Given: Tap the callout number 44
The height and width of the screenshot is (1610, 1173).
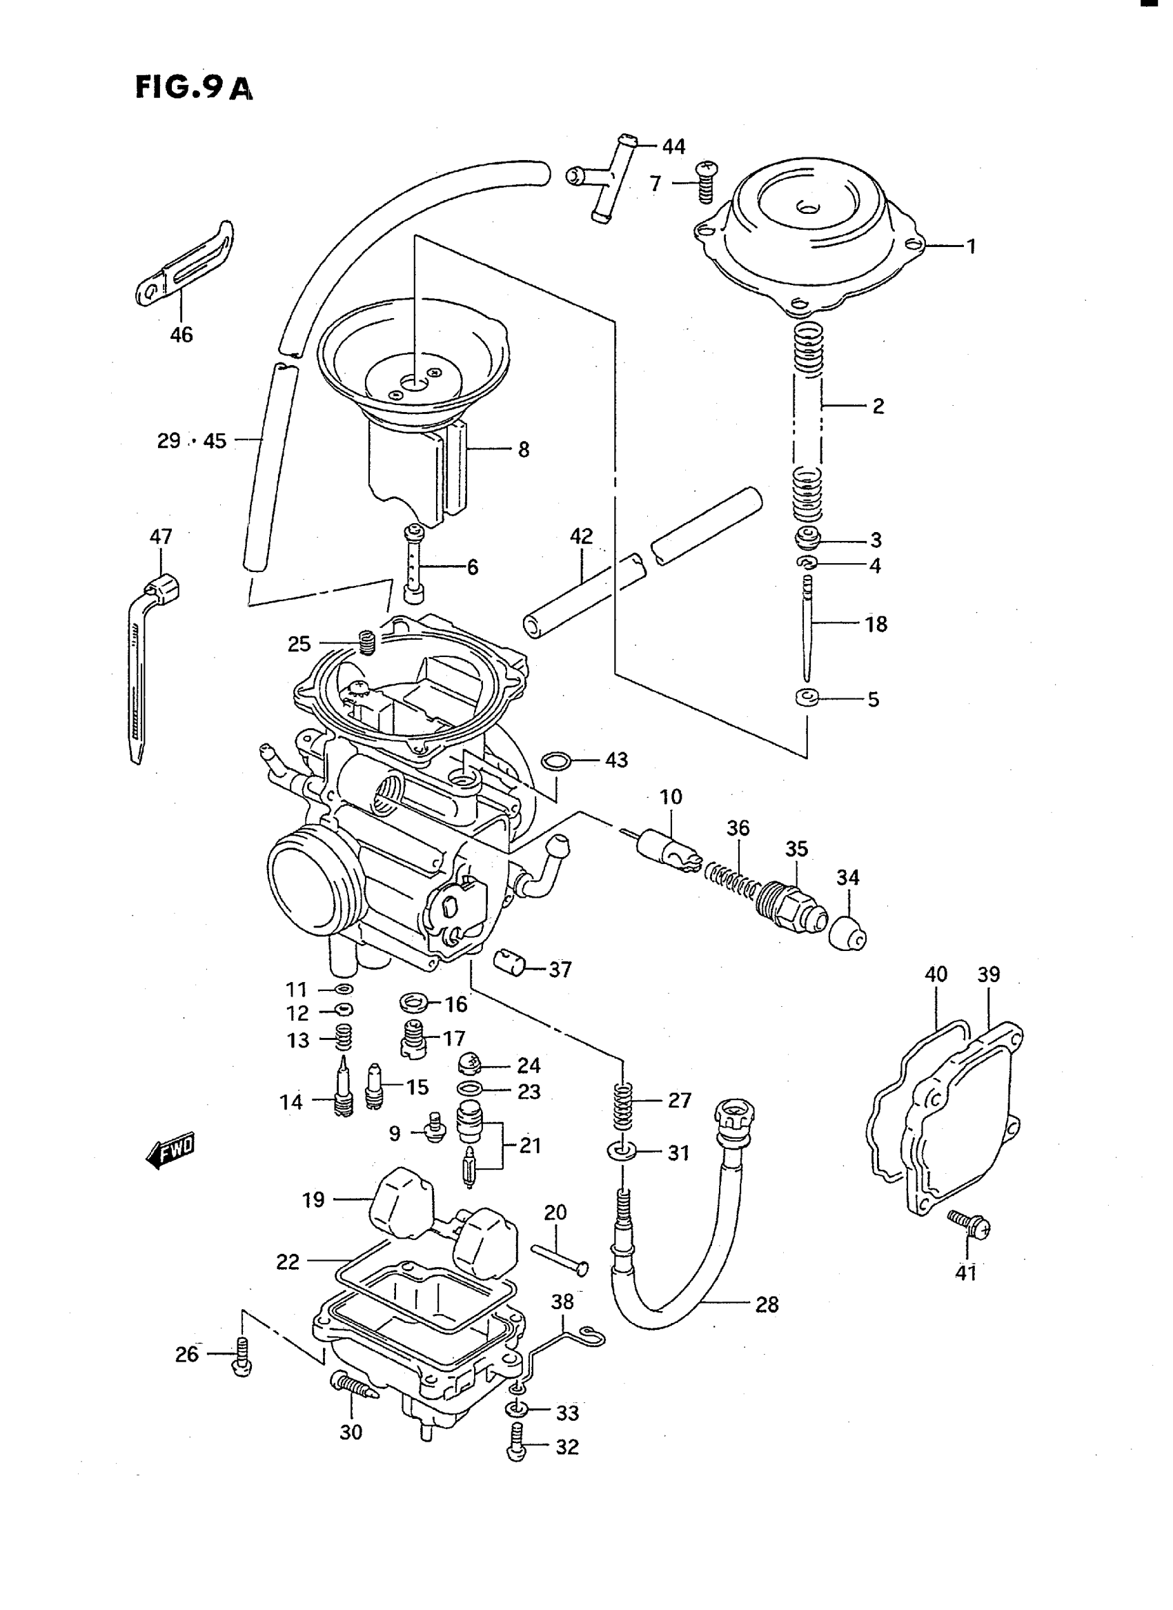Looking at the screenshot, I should coord(673,146).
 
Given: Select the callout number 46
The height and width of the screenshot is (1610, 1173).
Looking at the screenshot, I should coord(181,334).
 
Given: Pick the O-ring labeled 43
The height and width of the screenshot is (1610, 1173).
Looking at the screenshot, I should coord(556,761).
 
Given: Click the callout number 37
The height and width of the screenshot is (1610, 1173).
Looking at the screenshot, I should coord(560,969).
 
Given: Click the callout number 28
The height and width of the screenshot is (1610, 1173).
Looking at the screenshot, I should coord(767,1304).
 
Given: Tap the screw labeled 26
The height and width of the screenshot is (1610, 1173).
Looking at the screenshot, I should coord(242,1357).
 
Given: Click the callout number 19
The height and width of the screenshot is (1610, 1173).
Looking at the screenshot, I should coord(313,1199).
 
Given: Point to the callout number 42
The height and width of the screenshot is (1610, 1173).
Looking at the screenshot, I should coord(581,536).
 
